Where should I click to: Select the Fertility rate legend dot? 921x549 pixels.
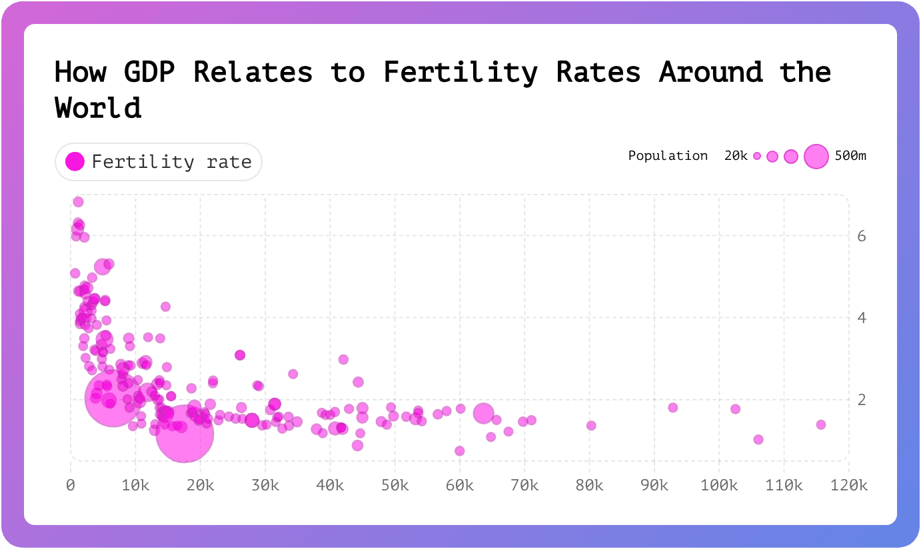(75, 161)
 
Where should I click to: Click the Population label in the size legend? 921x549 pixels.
(668, 156)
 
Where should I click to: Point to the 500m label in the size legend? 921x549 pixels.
(850, 156)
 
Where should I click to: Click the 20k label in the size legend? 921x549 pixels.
(736, 156)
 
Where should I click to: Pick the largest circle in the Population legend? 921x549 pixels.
(816, 156)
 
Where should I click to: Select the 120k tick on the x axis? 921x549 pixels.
(848, 486)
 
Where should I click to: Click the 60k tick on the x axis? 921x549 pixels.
(460, 486)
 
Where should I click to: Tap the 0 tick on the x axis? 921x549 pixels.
(71, 486)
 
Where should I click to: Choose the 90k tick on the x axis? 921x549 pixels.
(654, 486)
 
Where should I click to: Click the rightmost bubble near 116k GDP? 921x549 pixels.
(821, 424)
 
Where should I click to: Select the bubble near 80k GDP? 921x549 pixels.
(591, 426)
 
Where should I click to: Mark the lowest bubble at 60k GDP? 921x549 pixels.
(459, 451)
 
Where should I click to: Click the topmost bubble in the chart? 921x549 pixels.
(78, 202)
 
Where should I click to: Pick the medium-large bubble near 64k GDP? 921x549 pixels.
(484, 413)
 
